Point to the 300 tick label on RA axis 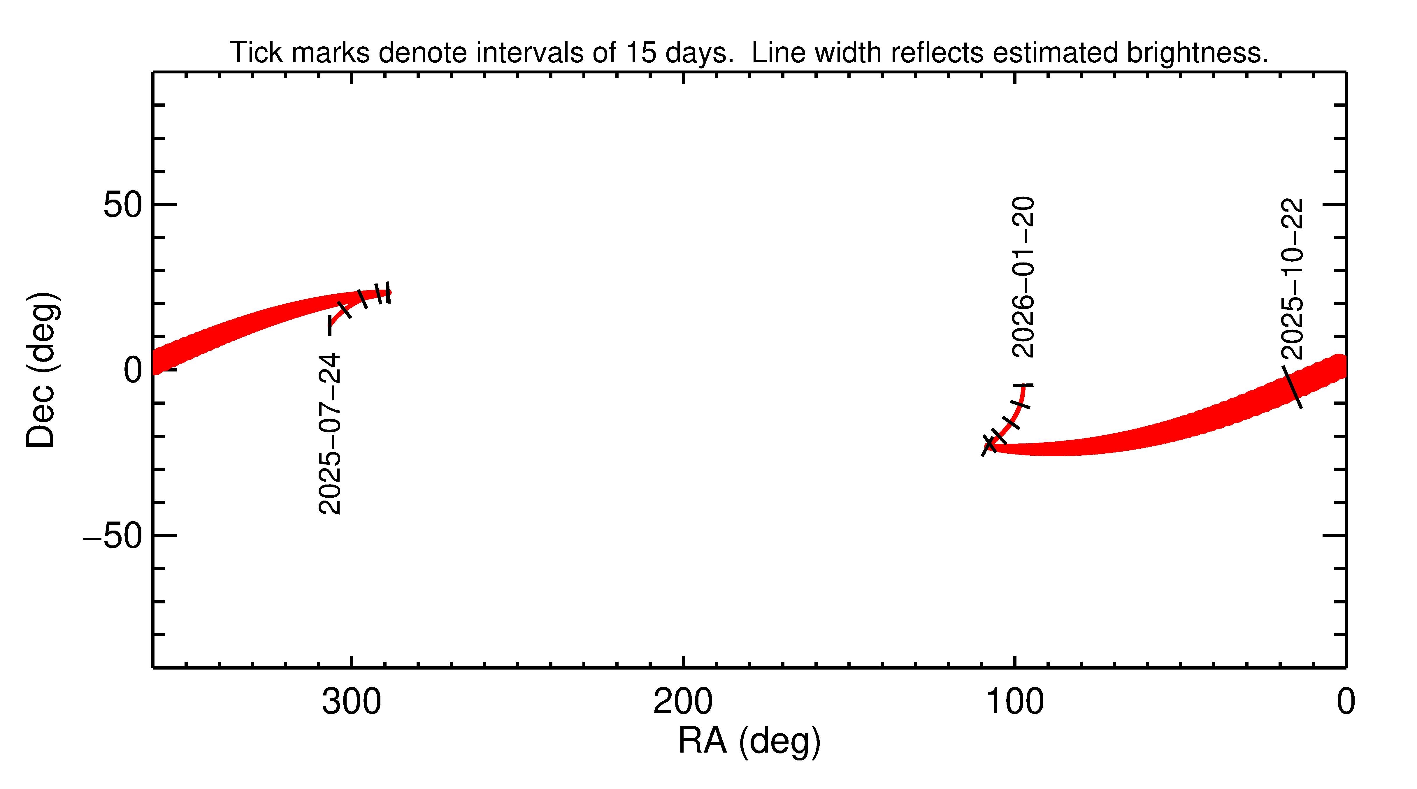click(x=352, y=702)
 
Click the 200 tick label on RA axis click(x=683, y=702)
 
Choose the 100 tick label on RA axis click(x=1014, y=702)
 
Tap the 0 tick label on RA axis click(x=1346, y=702)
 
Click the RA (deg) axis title click(x=749, y=741)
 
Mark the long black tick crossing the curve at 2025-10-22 click(x=1292, y=387)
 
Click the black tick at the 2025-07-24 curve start click(x=330, y=324)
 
